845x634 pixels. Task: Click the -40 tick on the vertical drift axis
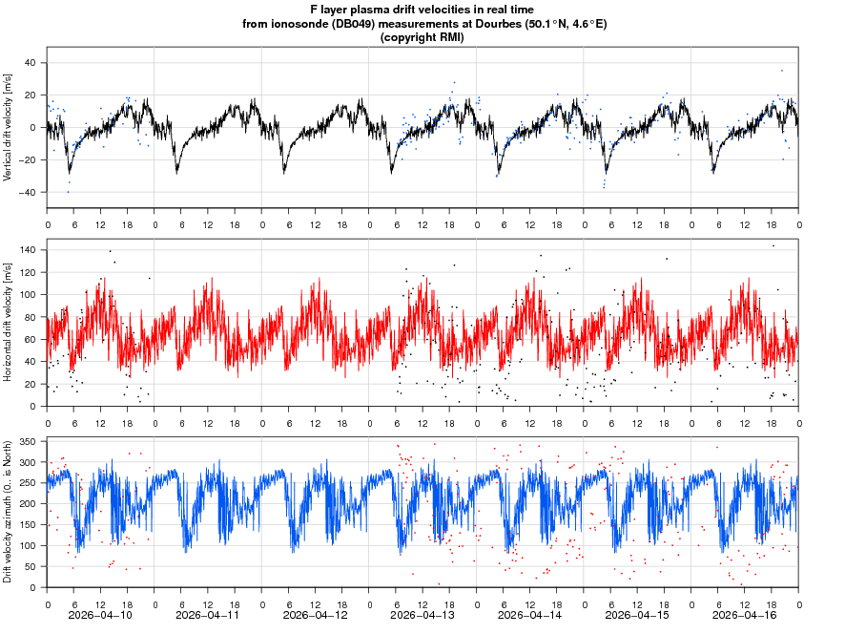pyautogui.click(x=29, y=192)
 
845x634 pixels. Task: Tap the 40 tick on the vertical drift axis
pyautogui.click(x=30, y=63)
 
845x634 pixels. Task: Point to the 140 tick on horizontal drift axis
pyautogui.click(x=26, y=250)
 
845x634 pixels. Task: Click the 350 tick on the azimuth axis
pyautogui.click(x=26, y=442)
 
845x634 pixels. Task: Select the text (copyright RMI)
pyautogui.click(x=422, y=37)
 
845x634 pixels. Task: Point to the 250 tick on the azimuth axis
pyautogui.click(x=26, y=483)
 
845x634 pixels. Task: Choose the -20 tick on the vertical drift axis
pyautogui.click(x=29, y=159)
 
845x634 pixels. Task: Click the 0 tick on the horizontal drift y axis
pyautogui.click(x=33, y=407)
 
